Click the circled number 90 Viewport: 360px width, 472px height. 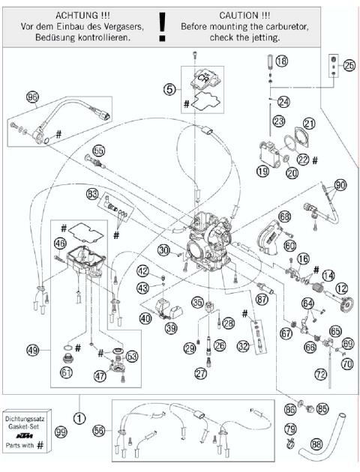340,184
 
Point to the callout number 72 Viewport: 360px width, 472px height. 320,372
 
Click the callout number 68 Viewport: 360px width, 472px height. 284,217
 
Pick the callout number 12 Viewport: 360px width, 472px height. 341,287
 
